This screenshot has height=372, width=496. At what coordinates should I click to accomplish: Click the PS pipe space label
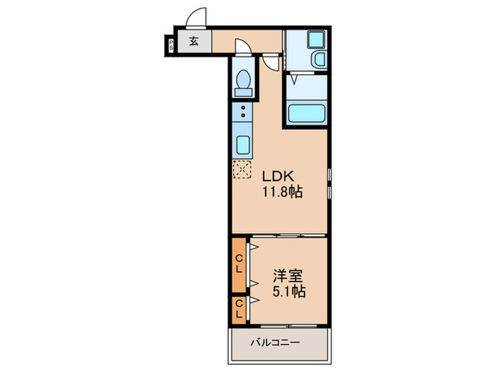tap(171, 45)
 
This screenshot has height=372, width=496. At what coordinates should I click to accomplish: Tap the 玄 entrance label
tap(194, 41)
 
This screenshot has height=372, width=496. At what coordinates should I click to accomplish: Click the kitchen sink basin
tap(243, 145)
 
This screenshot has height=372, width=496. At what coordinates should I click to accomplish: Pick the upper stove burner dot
tap(243, 108)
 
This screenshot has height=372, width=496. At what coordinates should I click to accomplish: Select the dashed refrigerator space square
tap(242, 169)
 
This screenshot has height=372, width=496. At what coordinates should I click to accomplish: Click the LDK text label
tap(278, 176)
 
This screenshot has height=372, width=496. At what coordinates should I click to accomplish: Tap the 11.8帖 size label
tap(283, 192)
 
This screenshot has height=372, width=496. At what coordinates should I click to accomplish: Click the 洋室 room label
tap(288, 276)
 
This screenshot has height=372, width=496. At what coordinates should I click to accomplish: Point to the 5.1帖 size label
tap(289, 291)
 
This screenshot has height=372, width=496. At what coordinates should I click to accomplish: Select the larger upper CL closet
tap(239, 265)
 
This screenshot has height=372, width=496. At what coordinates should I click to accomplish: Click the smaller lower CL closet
tap(239, 310)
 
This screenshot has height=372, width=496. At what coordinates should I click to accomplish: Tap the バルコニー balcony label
tap(275, 342)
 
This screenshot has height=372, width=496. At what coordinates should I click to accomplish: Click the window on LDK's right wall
tap(329, 184)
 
